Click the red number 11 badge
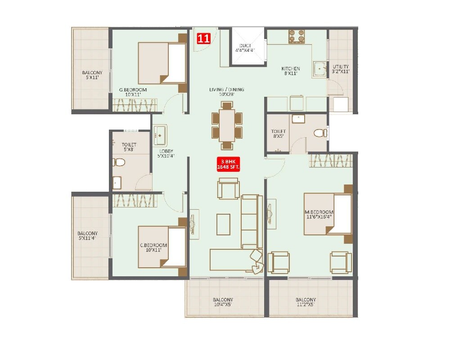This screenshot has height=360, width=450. tap(203, 38)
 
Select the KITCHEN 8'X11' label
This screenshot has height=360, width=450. tap(291, 71)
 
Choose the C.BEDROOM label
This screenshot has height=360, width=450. tap(153, 248)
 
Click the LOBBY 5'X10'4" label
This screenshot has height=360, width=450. tap(166, 153)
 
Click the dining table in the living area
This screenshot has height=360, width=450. tap(227, 125)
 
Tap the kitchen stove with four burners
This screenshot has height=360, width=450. tap(297, 36)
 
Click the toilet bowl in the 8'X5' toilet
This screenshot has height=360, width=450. tap(319, 133)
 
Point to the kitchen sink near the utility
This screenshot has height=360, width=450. tap(320, 69)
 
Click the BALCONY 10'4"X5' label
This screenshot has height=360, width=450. tap(223, 302)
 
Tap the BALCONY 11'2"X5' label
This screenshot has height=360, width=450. tap(306, 302)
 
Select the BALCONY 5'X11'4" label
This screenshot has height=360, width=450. tap(87, 236)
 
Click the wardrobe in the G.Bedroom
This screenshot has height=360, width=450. tap(135, 105)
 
